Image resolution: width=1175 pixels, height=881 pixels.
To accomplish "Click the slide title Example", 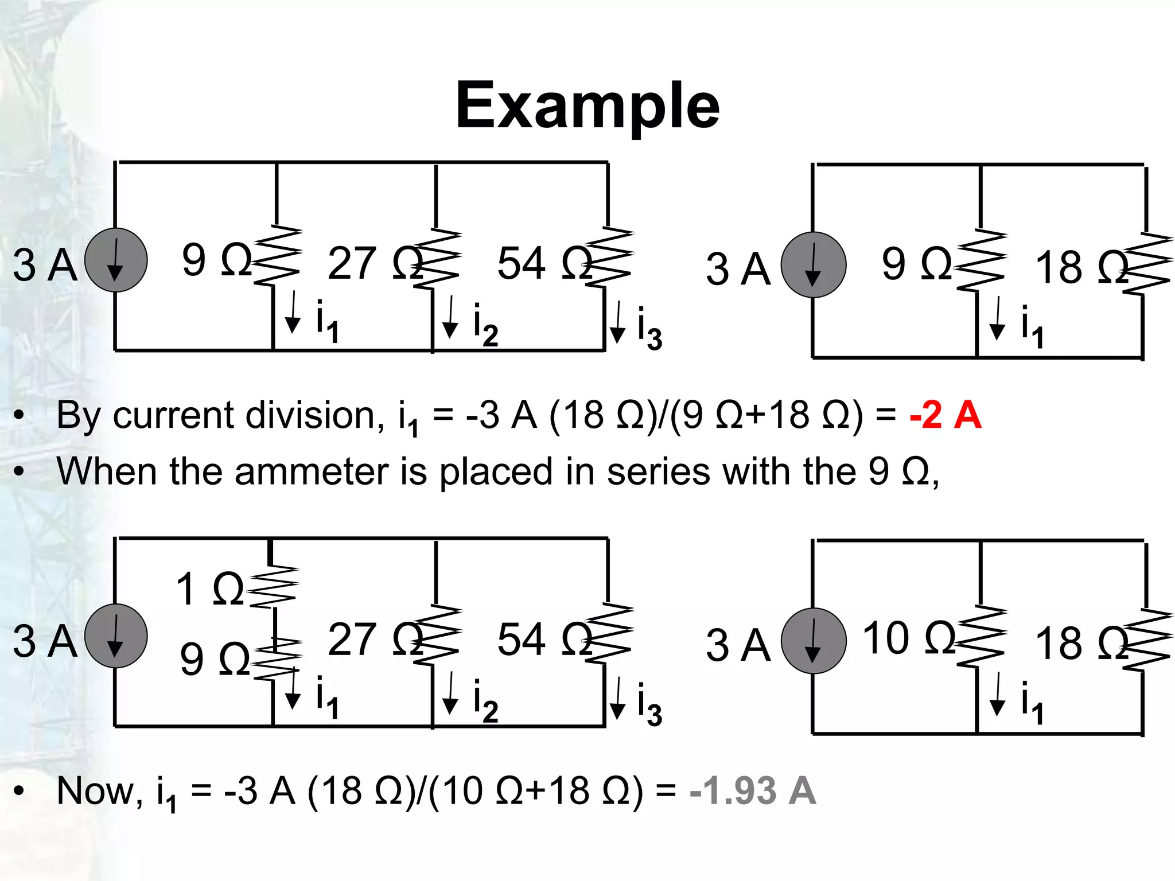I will pos(587,106).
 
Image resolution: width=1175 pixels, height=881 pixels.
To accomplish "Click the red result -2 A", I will pos(945,415).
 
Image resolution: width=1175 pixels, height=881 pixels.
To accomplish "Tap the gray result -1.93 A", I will pos(753,791).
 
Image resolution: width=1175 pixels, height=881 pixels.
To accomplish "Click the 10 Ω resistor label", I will pos(909,638).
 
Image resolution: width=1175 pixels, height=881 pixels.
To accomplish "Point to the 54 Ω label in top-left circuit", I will pos(544,263).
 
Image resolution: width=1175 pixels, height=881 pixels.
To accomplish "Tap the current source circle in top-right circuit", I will pos(814,265).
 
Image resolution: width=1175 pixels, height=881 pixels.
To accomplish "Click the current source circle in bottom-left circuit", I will pos(116,636).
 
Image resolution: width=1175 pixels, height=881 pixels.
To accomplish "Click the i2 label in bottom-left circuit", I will pos(485,700).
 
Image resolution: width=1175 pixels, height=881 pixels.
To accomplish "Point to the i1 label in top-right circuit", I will pos(1032,326).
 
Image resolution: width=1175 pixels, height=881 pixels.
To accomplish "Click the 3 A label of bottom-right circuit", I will pos(738,645).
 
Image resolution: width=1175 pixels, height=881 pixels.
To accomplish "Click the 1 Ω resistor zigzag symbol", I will pos(274,587).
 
